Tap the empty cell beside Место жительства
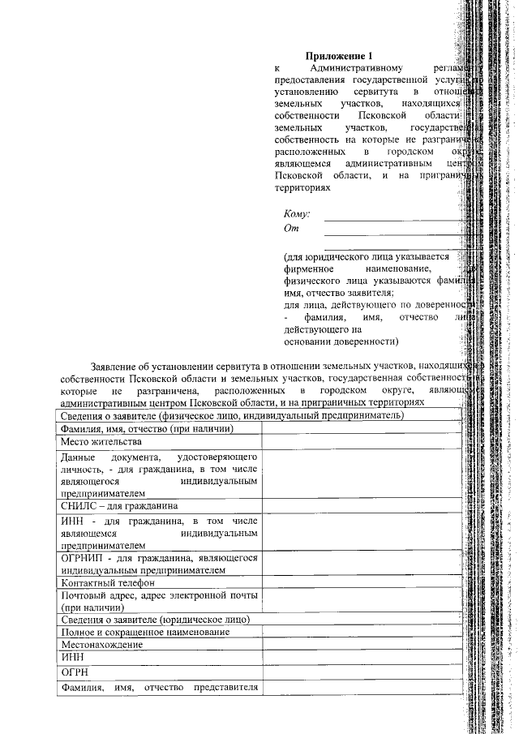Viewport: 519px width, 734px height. click(361, 442)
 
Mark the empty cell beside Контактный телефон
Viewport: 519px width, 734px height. click(361, 582)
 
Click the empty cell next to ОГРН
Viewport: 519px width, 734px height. click(361, 672)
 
